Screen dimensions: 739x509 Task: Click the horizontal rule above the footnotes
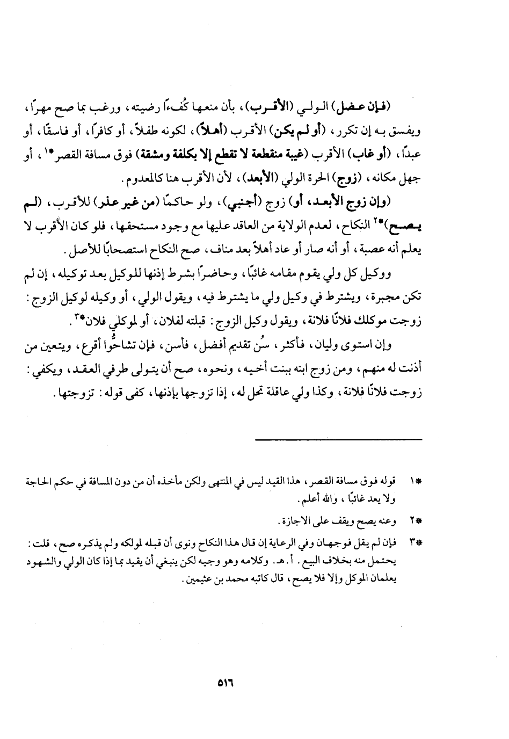click(x=338, y=440)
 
